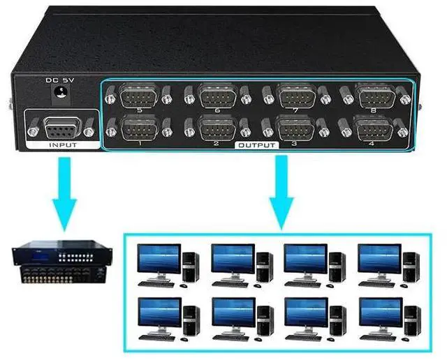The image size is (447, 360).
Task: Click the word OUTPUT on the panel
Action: click(x=256, y=145)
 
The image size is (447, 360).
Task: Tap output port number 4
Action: click(x=371, y=127)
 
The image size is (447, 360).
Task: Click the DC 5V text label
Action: click(x=60, y=80)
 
